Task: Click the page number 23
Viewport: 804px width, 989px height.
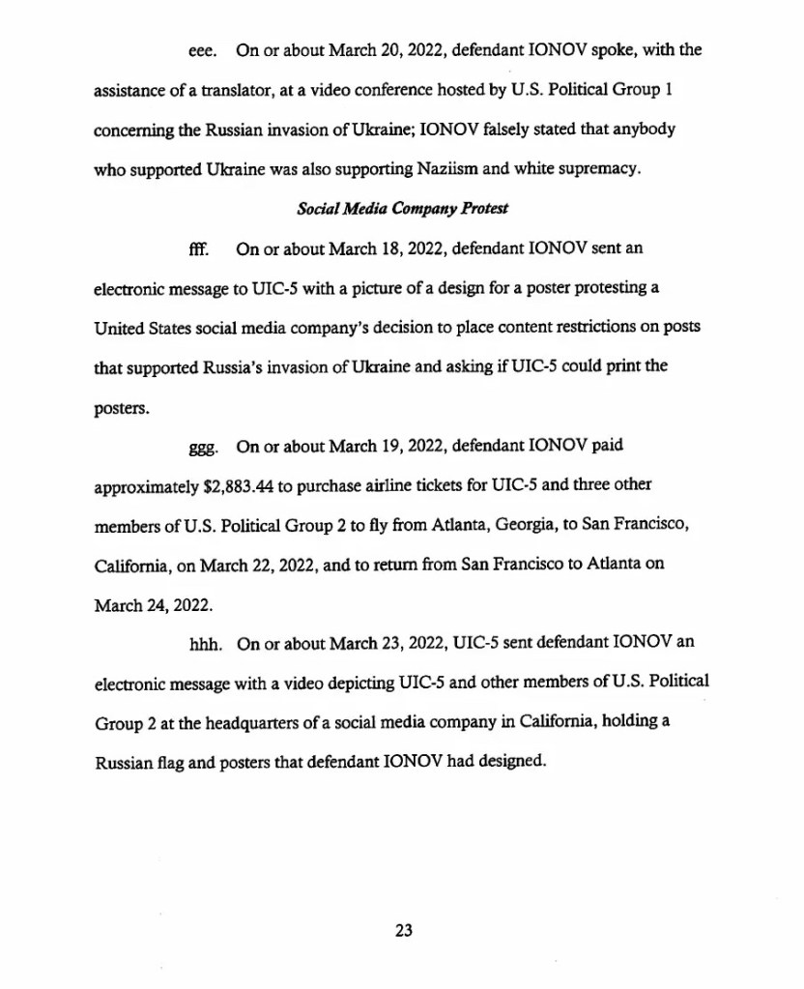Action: tap(404, 930)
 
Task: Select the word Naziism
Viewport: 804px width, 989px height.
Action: tap(453, 169)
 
